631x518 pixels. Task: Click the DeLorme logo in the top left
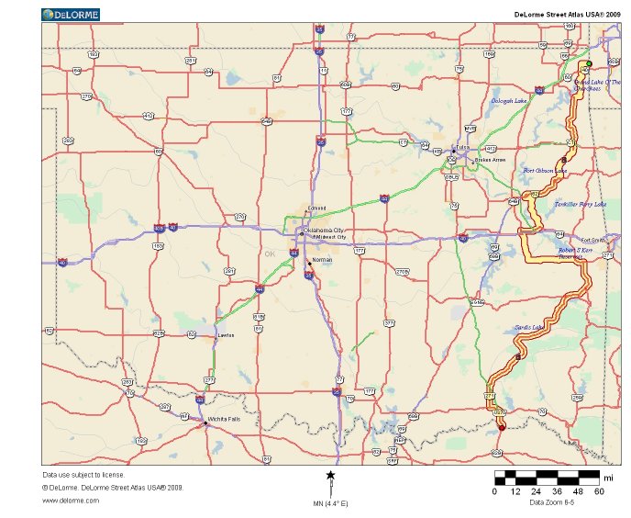[70, 14]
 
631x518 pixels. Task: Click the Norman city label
[322, 260]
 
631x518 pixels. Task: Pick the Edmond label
[316, 208]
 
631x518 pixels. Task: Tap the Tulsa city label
[463, 147]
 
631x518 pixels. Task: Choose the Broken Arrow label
[491, 160]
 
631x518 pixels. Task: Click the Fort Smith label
[593, 240]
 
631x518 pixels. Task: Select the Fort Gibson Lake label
[545, 171]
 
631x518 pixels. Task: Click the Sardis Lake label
[532, 327]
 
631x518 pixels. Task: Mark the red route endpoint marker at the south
[502, 427]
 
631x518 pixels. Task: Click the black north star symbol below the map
[330, 474]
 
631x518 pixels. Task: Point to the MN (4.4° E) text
[330, 503]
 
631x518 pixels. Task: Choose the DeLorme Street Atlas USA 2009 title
[559, 14]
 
